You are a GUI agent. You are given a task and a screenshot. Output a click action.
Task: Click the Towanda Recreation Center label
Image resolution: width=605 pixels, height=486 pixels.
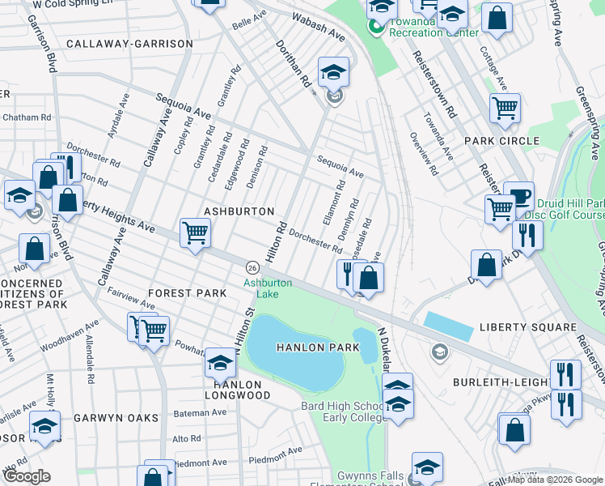pyautogui.click(x=433, y=27)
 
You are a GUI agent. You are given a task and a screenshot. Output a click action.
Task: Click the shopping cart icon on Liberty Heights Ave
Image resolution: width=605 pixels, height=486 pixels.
pyautogui.click(x=196, y=233)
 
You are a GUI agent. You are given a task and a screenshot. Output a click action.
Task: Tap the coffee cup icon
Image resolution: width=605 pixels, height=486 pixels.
pyautogui.click(x=518, y=196)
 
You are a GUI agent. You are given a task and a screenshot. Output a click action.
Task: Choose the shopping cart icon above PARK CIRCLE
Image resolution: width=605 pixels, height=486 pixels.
pyautogui.click(x=505, y=108)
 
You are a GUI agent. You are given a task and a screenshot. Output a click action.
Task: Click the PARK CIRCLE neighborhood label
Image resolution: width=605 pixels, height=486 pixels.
pyautogui.click(x=501, y=141)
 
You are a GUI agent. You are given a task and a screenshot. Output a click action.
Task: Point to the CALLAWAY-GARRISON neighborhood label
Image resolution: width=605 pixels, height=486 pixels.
pyautogui.click(x=130, y=44)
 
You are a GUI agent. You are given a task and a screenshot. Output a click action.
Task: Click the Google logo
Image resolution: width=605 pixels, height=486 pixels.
pyautogui.click(x=27, y=476)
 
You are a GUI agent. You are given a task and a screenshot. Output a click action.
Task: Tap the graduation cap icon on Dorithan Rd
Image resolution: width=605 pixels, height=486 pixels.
pyautogui.click(x=333, y=73)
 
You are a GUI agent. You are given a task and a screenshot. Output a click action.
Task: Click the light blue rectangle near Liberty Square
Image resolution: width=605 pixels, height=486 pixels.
pyautogui.click(x=448, y=326)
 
